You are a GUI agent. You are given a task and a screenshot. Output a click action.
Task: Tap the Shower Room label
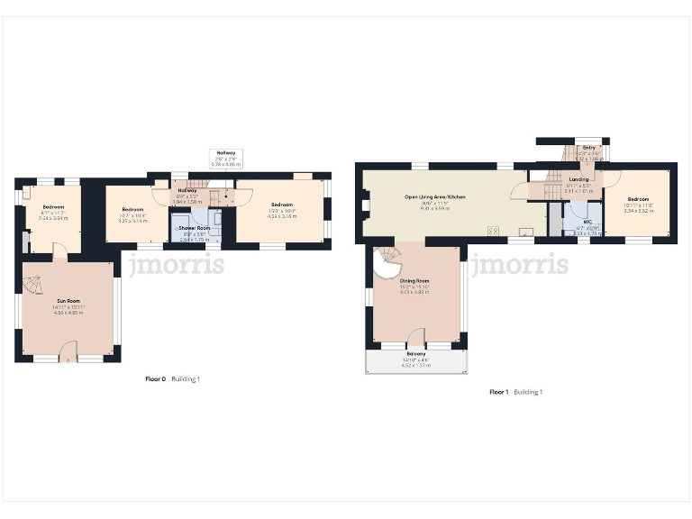pos(195,229)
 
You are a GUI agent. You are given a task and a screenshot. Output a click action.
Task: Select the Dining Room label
pos(414,281)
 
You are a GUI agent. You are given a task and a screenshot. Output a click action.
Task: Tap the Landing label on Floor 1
pos(578,180)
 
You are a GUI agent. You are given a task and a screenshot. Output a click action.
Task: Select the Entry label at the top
pos(588,147)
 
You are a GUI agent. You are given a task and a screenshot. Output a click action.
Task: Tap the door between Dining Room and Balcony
pos(415,341)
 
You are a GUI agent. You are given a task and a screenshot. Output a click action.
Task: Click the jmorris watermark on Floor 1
pos(520,265)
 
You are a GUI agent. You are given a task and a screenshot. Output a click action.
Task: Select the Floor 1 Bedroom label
pos(638,199)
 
